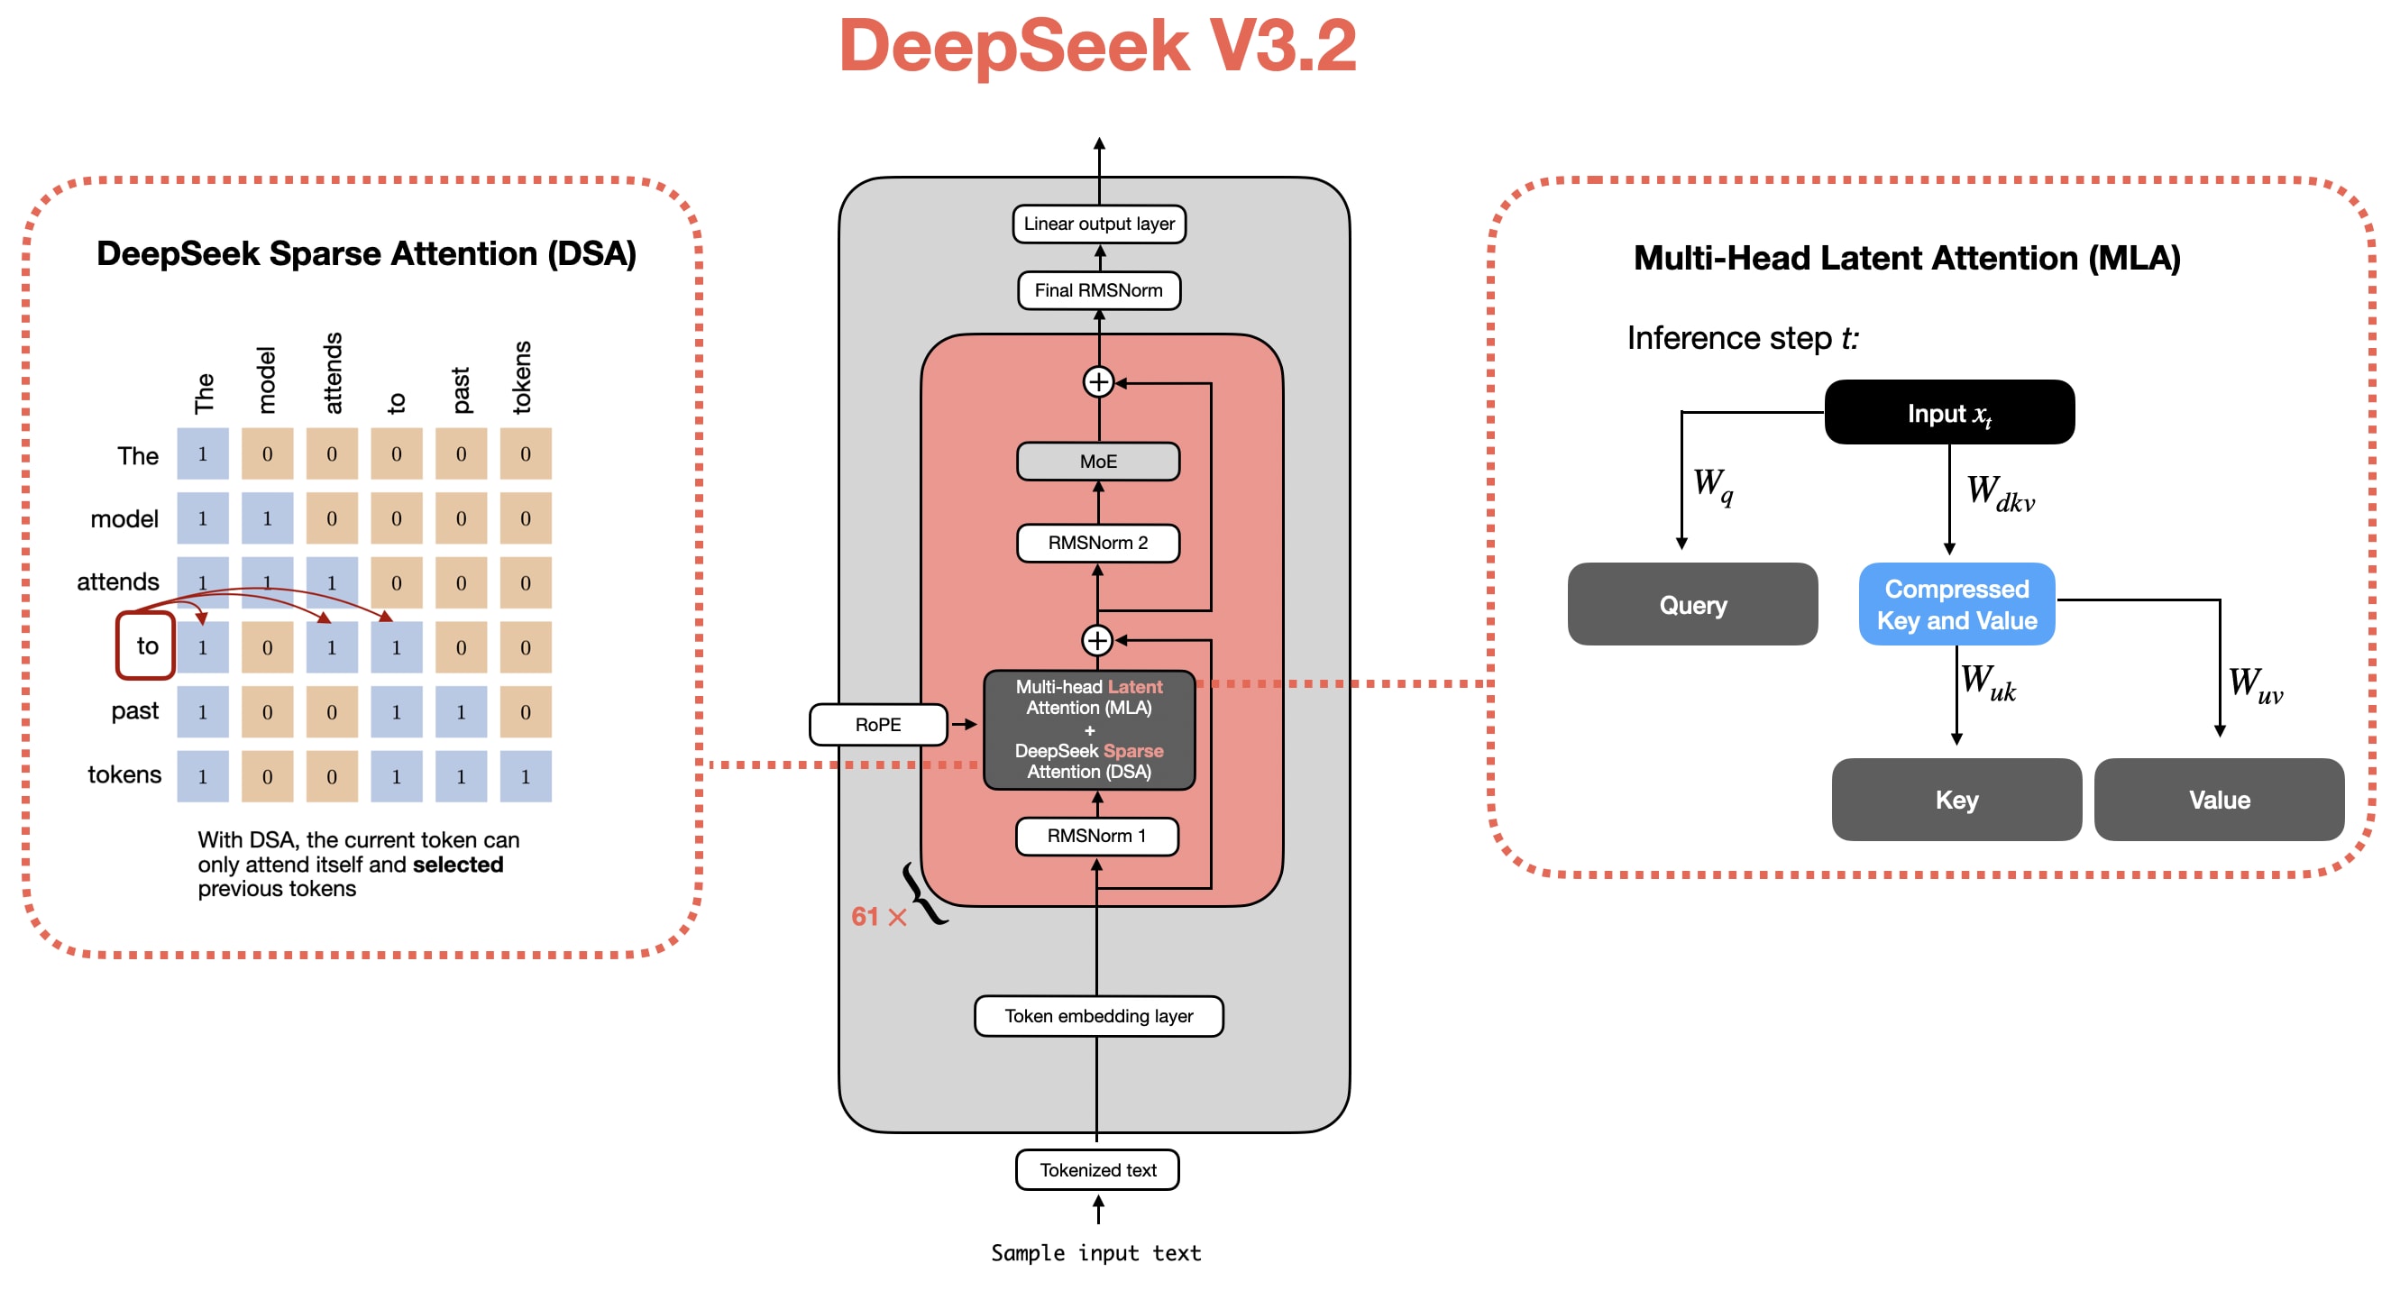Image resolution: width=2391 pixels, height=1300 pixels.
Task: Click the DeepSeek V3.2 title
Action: click(x=1097, y=46)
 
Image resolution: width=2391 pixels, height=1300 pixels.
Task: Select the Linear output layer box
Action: click(x=1099, y=224)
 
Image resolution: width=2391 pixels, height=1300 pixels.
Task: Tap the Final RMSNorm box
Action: click(x=1099, y=290)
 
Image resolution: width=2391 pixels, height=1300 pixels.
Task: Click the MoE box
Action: click(x=1098, y=462)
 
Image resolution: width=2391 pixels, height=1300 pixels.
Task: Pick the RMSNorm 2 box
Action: click(x=1098, y=543)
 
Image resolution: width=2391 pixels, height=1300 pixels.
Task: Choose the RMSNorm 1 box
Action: click(x=1097, y=836)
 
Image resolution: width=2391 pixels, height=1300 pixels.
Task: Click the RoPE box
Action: click(x=878, y=725)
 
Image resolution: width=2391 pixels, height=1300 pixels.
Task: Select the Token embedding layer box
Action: click(x=1099, y=1016)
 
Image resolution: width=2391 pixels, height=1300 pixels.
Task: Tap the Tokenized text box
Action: click(x=1098, y=1170)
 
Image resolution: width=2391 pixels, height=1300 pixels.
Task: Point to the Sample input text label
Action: click(x=1096, y=1254)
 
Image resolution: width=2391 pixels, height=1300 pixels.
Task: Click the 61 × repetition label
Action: click(x=878, y=917)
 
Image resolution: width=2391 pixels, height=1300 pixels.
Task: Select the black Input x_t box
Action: click(x=1949, y=413)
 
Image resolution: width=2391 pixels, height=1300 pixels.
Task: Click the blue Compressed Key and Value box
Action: click(x=1956, y=604)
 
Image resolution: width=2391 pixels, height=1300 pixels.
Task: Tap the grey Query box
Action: click(x=1693, y=605)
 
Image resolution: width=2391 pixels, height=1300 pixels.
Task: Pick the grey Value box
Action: click(x=2220, y=800)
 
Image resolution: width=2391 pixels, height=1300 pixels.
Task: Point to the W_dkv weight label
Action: click(x=2001, y=494)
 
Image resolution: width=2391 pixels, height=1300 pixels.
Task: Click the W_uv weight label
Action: click(x=2256, y=686)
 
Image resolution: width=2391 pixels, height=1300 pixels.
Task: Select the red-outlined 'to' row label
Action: click(x=147, y=645)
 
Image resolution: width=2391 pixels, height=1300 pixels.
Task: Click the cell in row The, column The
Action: click(x=202, y=453)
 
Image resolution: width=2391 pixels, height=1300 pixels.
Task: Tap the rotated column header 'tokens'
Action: click(x=523, y=377)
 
